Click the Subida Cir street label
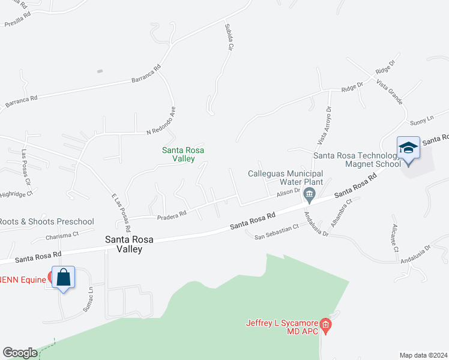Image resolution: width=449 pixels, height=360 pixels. pyautogui.click(x=229, y=37)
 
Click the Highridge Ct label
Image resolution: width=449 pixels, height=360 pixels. pyautogui.click(x=16, y=194)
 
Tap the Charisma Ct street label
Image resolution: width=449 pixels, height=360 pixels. pyautogui.click(x=62, y=236)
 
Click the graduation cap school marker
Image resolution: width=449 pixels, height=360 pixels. pyautogui.click(x=408, y=147)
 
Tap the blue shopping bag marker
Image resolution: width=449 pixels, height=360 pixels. pyautogui.click(x=63, y=277)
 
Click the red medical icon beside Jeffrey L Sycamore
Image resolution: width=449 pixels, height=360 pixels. pyautogui.click(x=326, y=325)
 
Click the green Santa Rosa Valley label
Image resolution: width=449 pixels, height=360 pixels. pyautogui.click(x=179, y=154)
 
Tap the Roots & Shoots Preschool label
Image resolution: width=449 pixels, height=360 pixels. pyautogui.click(x=46, y=221)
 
